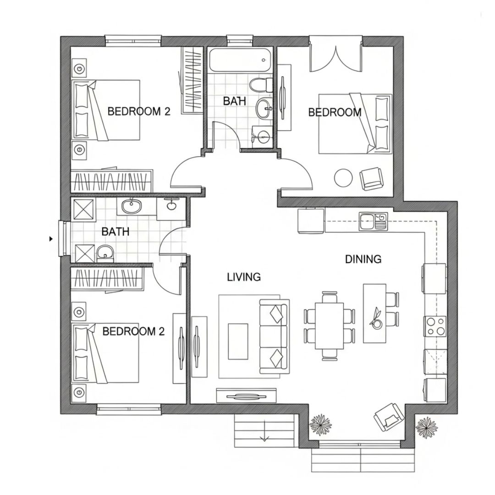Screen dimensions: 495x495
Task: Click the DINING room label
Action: (x=363, y=259)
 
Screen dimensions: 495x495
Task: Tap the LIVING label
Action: (x=244, y=277)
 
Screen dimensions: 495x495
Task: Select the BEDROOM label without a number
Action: (x=335, y=112)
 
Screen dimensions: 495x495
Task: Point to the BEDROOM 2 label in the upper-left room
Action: (x=139, y=111)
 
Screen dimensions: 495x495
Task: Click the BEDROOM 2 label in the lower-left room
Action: (x=134, y=331)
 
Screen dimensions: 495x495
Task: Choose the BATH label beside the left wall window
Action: (x=115, y=232)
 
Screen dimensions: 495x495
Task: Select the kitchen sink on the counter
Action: (x=373, y=221)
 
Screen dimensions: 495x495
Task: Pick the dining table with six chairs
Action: (x=329, y=326)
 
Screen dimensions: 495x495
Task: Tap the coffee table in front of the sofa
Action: (x=237, y=341)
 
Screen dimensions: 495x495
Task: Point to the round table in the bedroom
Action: (x=343, y=178)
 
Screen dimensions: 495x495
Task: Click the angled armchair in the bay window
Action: (x=389, y=417)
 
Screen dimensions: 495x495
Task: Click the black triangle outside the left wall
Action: (x=51, y=239)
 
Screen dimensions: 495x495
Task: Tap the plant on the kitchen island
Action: (x=376, y=319)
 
